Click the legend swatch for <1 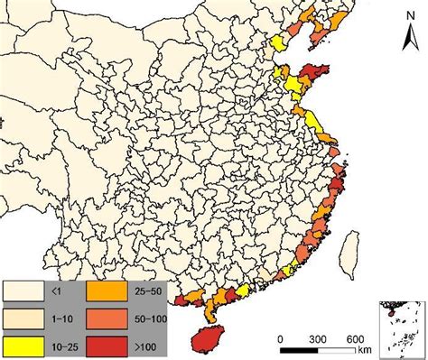(x=24, y=291)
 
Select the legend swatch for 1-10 (x=24, y=317)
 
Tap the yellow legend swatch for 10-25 (x=24, y=343)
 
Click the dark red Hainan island (x=213, y=338)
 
